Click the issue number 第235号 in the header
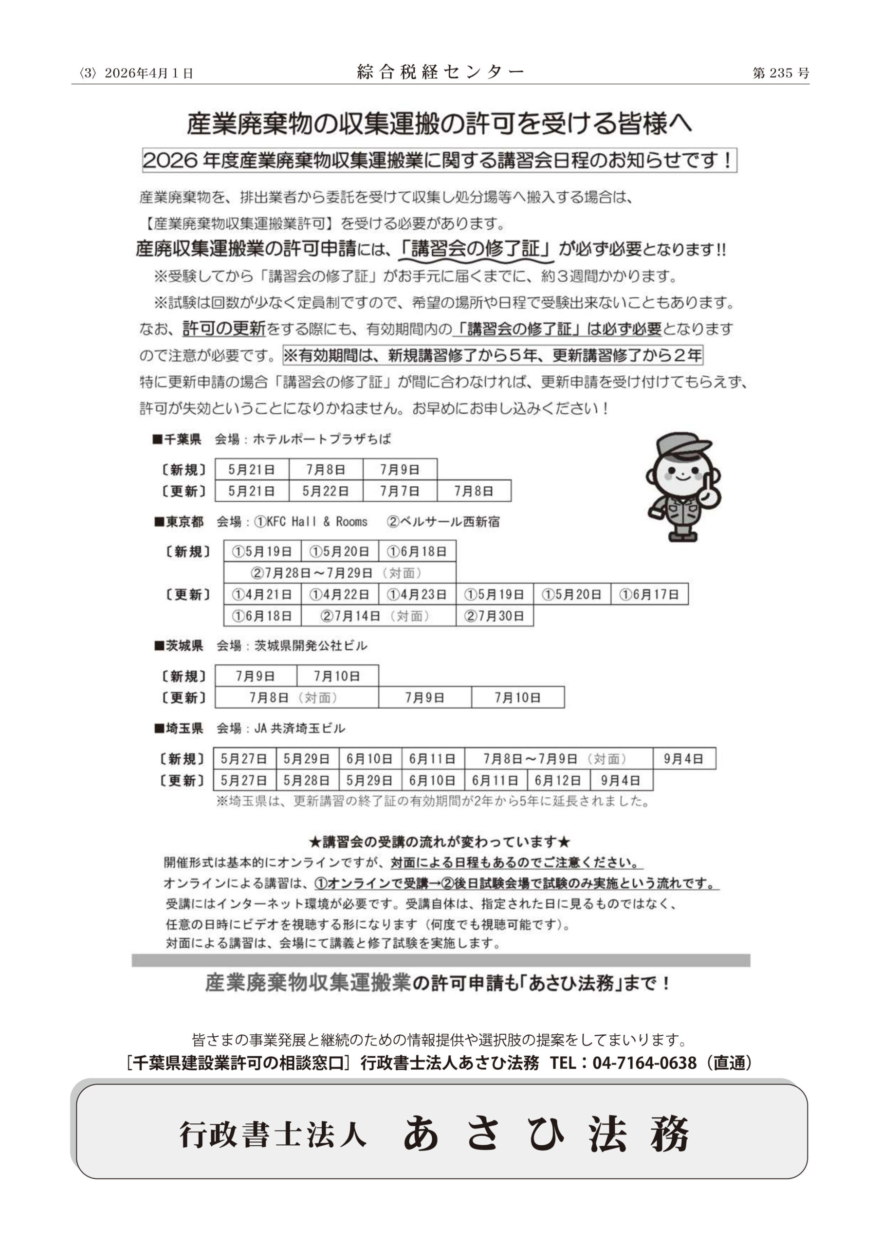pyautogui.click(x=780, y=73)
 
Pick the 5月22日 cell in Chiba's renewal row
pyautogui.click(x=326, y=491)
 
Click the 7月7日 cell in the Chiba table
pyautogui.click(x=400, y=491)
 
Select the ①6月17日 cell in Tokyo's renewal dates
pyautogui.click(x=649, y=594)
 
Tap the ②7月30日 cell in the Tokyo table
pyautogui.click(x=495, y=616)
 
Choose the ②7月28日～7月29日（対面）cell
pyautogui.click(x=340, y=572)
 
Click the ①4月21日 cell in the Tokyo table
pyautogui.click(x=262, y=594)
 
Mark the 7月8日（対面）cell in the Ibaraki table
pyautogui.click(x=296, y=697)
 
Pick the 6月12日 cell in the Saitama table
pyautogui.click(x=558, y=780)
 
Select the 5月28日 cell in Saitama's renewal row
pyautogui.click(x=307, y=780)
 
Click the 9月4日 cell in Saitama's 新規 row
pyautogui.click(x=683, y=759)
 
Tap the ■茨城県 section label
pyautogui.click(x=179, y=645)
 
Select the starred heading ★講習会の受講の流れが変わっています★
pyautogui.click(x=440, y=842)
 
